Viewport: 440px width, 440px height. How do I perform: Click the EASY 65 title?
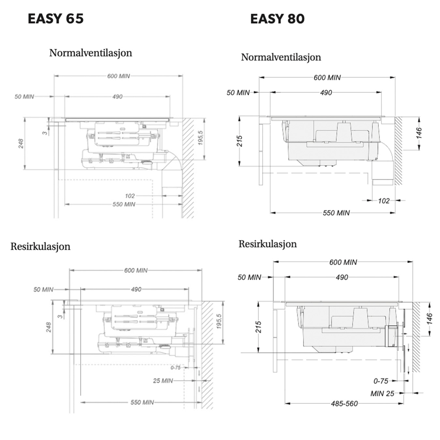pos(56,19)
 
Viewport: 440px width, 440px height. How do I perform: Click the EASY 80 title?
pos(277,19)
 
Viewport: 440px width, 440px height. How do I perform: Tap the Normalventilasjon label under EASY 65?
pos(91,53)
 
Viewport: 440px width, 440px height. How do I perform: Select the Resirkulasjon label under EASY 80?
pos(268,244)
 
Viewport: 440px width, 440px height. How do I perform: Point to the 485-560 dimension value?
pos(344,404)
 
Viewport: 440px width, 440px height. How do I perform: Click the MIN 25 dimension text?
pos(382,394)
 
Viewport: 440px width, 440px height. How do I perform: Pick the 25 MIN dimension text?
pos(163,381)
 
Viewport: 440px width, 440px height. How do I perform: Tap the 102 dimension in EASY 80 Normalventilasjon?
pos(384,201)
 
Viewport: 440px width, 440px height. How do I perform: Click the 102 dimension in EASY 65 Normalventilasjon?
pos(130,196)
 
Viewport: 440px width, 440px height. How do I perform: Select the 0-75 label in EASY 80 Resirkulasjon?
pos(381,381)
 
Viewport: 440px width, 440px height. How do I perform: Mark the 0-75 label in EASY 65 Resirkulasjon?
pos(176,368)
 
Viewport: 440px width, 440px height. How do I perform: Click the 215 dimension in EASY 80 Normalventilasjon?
pos(240,141)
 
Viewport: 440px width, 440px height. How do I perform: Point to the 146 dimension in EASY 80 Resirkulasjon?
pos(430,319)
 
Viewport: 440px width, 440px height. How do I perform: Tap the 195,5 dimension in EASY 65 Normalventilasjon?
pos(200,138)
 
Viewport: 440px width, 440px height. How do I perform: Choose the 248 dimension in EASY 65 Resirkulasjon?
pos(49,327)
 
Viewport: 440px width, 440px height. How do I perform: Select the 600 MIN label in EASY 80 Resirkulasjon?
pos(343,262)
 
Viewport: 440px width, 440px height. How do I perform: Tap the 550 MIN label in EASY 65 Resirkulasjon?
pos(142,402)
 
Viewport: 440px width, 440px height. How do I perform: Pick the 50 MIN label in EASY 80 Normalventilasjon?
pos(238,93)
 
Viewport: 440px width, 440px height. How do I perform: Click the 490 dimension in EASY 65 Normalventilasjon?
pos(117,97)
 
